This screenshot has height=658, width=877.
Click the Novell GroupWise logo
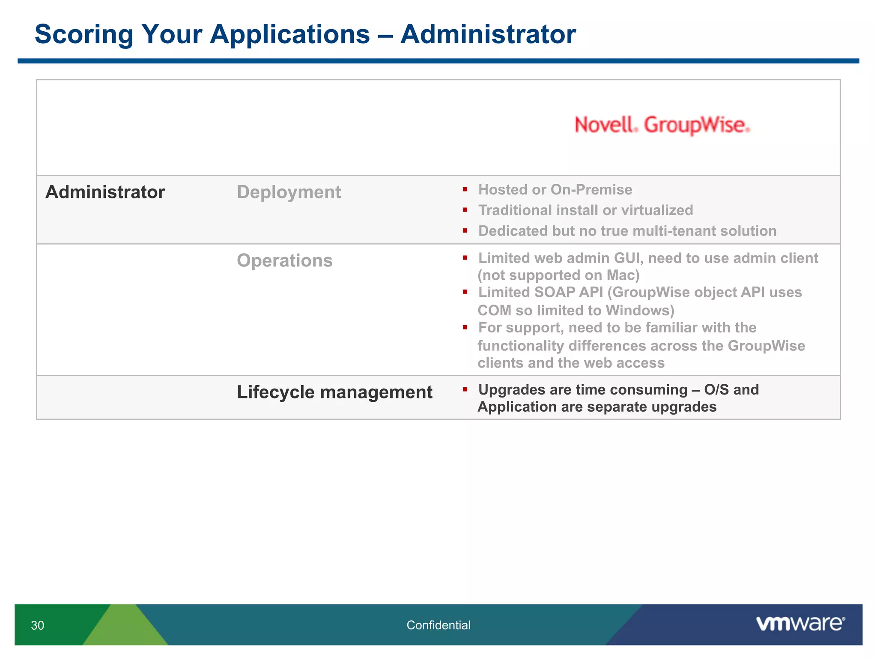click(x=662, y=125)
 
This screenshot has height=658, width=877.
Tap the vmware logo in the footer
click(x=800, y=624)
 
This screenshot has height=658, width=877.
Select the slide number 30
click(x=38, y=625)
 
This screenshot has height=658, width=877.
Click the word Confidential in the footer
click(x=438, y=625)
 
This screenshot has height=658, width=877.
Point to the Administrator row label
click(x=105, y=192)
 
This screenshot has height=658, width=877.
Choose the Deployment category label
click(x=289, y=192)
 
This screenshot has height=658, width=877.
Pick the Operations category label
click(x=284, y=260)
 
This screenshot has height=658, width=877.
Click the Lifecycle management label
click(x=334, y=392)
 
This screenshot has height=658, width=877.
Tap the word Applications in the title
click(x=289, y=34)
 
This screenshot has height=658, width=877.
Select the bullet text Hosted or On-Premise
click(x=555, y=189)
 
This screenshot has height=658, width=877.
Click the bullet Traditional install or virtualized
click(x=585, y=210)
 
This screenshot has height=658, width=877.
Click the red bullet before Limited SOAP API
click(x=465, y=292)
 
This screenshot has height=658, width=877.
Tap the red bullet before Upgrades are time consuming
click(x=465, y=389)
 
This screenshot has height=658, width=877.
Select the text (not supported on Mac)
click(x=558, y=275)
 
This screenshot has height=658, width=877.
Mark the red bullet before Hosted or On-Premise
click(x=465, y=189)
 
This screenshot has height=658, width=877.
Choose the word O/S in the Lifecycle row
click(x=716, y=389)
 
